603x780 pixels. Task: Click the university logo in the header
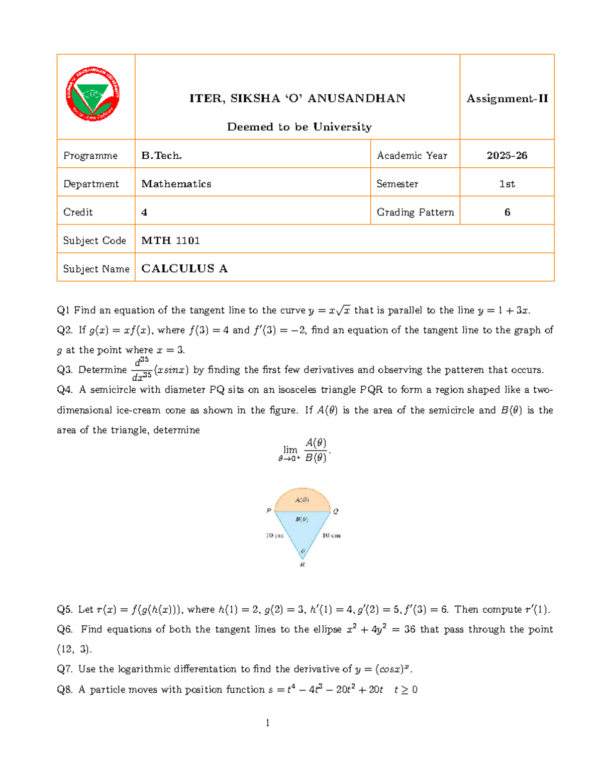(92, 95)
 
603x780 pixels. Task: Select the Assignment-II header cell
(507, 98)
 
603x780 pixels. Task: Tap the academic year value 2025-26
(507, 156)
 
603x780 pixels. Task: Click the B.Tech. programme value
(161, 156)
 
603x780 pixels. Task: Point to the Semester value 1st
(507, 184)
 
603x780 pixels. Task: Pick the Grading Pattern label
(415, 212)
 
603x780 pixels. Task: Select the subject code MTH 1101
(170, 241)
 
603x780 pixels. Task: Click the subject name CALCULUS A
(184, 269)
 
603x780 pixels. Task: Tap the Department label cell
(91, 184)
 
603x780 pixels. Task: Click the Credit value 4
(144, 212)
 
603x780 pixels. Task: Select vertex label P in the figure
(269, 510)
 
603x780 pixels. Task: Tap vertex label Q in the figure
(336, 511)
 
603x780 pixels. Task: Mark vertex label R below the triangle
(303, 565)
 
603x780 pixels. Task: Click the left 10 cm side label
(274, 535)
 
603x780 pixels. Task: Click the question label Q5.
(65, 609)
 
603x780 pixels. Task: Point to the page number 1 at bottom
(267, 723)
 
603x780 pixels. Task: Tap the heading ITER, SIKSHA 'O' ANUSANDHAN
(297, 98)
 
